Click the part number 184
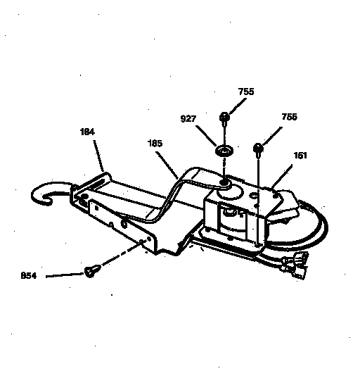(87, 132)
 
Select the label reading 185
(155, 144)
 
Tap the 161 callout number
(300, 156)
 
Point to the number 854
(29, 276)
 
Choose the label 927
(188, 118)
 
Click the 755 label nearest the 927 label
(246, 92)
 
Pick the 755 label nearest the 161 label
(289, 117)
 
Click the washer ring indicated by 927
(224, 151)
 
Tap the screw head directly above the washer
(224, 117)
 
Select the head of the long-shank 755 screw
(258, 148)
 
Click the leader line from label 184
(98, 156)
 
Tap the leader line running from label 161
(282, 177)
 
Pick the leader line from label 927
(206, 136)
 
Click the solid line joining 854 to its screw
(65, 275)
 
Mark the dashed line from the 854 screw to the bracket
(122, 253)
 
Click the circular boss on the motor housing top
(229, 191)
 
